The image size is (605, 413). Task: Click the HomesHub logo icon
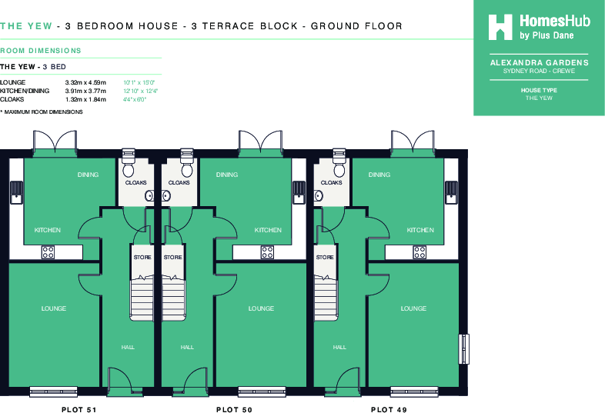tap(501, 27)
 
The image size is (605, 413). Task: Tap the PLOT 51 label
tap(79, 410)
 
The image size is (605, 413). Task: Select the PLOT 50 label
tap(235, 410)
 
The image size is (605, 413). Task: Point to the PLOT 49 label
tap(389, 410)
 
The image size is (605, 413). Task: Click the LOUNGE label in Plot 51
tap(53, 308)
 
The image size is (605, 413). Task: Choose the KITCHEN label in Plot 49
tap(420, 230)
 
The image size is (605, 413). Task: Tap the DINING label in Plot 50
tap(226, 175)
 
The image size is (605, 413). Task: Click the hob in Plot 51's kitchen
tap(48, 250)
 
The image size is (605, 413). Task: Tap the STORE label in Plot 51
tap(142, 257)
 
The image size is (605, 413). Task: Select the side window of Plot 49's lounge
tap(463, 349)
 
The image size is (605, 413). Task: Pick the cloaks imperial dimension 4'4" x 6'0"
tap(136, 99)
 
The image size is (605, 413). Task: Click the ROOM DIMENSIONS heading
tap(41, 51)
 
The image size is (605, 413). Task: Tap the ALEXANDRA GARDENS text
tap(539, 62)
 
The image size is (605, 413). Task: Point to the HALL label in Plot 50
tap(187, 348)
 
